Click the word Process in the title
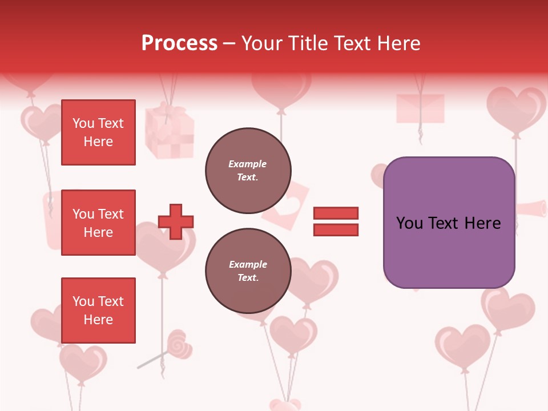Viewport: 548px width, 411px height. (x=179, y=43)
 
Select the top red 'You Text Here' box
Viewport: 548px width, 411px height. (x=98, y=132)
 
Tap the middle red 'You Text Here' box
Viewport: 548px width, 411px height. (x=98, y=223)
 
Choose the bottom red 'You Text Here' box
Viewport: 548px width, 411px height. (x=98, y=310)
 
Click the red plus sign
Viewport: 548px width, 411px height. (x=176, y=221)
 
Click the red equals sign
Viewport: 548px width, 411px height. (x=336, y=221)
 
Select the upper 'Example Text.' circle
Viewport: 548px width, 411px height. (x=248, y=171)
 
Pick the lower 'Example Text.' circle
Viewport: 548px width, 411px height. (x=248, y=271)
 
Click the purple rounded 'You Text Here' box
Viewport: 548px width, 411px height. (x=449, y=222)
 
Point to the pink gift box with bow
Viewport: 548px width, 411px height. (x=169, y=132)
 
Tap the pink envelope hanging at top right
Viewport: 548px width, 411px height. (x=420, y=108)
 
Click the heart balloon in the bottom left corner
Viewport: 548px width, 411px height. (x=83, y=363)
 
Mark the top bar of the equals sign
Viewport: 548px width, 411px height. (x=336, y=213)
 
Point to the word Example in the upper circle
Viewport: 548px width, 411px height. (x=248, y=164)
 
